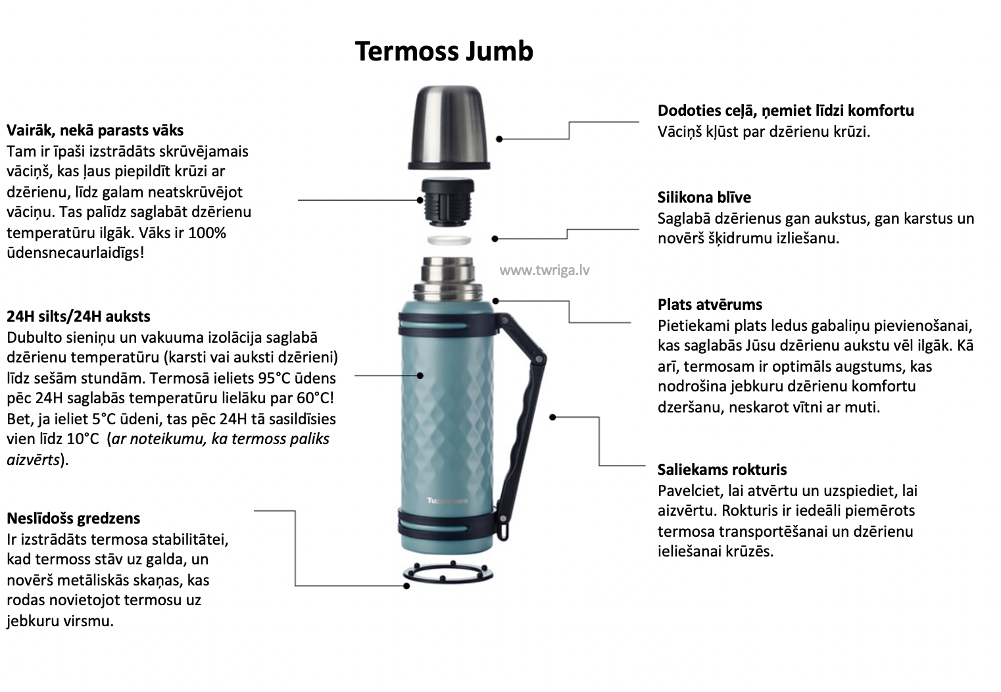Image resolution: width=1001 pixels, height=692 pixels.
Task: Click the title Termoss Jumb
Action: click(444, 51)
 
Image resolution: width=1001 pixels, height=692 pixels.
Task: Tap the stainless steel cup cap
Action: click(449, 128)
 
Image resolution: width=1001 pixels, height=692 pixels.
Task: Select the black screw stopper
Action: click(449, 203)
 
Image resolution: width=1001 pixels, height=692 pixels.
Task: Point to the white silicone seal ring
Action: click(449, 240)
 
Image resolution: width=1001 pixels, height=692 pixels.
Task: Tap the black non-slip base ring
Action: click(449, 573)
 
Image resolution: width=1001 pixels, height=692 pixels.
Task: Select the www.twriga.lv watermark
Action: click(545, 270)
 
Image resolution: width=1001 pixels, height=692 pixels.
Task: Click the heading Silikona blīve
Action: click(704, 197)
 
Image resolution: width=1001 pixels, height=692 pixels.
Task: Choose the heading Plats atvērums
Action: click(710, 305)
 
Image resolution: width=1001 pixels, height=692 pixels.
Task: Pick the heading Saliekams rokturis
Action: click(721, 470)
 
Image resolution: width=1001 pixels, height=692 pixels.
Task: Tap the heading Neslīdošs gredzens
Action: click(73, 518)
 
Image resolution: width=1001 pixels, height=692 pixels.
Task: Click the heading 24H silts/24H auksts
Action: click(78, 316)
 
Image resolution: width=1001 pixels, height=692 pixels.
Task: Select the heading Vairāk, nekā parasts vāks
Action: click(95, 130)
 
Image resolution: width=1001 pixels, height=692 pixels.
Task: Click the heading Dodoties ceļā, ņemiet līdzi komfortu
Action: click(785, 111)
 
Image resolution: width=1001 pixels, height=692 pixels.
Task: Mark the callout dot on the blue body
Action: click(420, 376)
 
